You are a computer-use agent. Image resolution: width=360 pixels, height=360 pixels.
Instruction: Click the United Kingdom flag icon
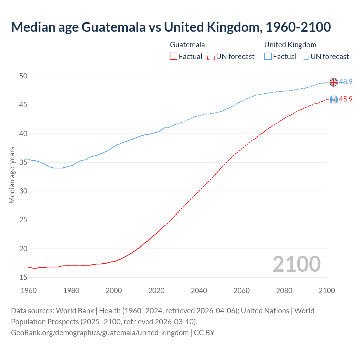pos(334,82)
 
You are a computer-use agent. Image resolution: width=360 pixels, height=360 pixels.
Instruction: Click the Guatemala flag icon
pos(334,99)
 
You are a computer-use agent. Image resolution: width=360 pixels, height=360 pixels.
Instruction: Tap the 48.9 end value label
pos(346,82)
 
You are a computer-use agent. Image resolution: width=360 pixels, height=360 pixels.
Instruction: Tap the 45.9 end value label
pos(346,99)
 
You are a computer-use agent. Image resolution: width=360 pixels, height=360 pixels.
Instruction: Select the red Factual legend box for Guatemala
pos(174,57)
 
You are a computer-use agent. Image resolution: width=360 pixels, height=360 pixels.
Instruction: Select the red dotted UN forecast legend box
pos(211,57)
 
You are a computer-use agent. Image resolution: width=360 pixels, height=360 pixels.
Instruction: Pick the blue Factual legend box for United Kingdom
pos(268,57)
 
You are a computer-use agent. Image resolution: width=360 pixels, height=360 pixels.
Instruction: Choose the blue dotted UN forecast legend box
pos(305,57)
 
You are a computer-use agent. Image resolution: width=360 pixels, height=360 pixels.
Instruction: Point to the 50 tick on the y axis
pos(24,76)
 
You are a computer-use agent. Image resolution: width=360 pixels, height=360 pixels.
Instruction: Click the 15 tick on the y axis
pos(24,277)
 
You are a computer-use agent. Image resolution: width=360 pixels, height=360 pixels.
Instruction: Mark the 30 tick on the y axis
pos(24,191)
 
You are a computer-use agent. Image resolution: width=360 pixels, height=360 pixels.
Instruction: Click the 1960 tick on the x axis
pos(29,291)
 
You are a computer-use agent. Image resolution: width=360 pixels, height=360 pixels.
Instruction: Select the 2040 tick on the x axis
pos(199,291)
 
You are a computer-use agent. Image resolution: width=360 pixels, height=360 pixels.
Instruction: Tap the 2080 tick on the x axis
pos(284,291)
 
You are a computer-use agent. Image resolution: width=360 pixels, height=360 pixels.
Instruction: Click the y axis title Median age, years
pos(12,175)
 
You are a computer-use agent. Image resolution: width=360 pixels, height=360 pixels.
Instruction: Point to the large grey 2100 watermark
pos(296,264)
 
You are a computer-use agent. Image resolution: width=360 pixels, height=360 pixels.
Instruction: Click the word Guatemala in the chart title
pos(114,27)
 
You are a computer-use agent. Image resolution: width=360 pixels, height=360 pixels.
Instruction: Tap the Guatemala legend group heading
pos(187,45)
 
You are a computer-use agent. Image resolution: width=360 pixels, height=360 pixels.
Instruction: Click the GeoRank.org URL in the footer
pos(100,333)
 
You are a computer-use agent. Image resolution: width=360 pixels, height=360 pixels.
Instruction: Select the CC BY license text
pos(204,333)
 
